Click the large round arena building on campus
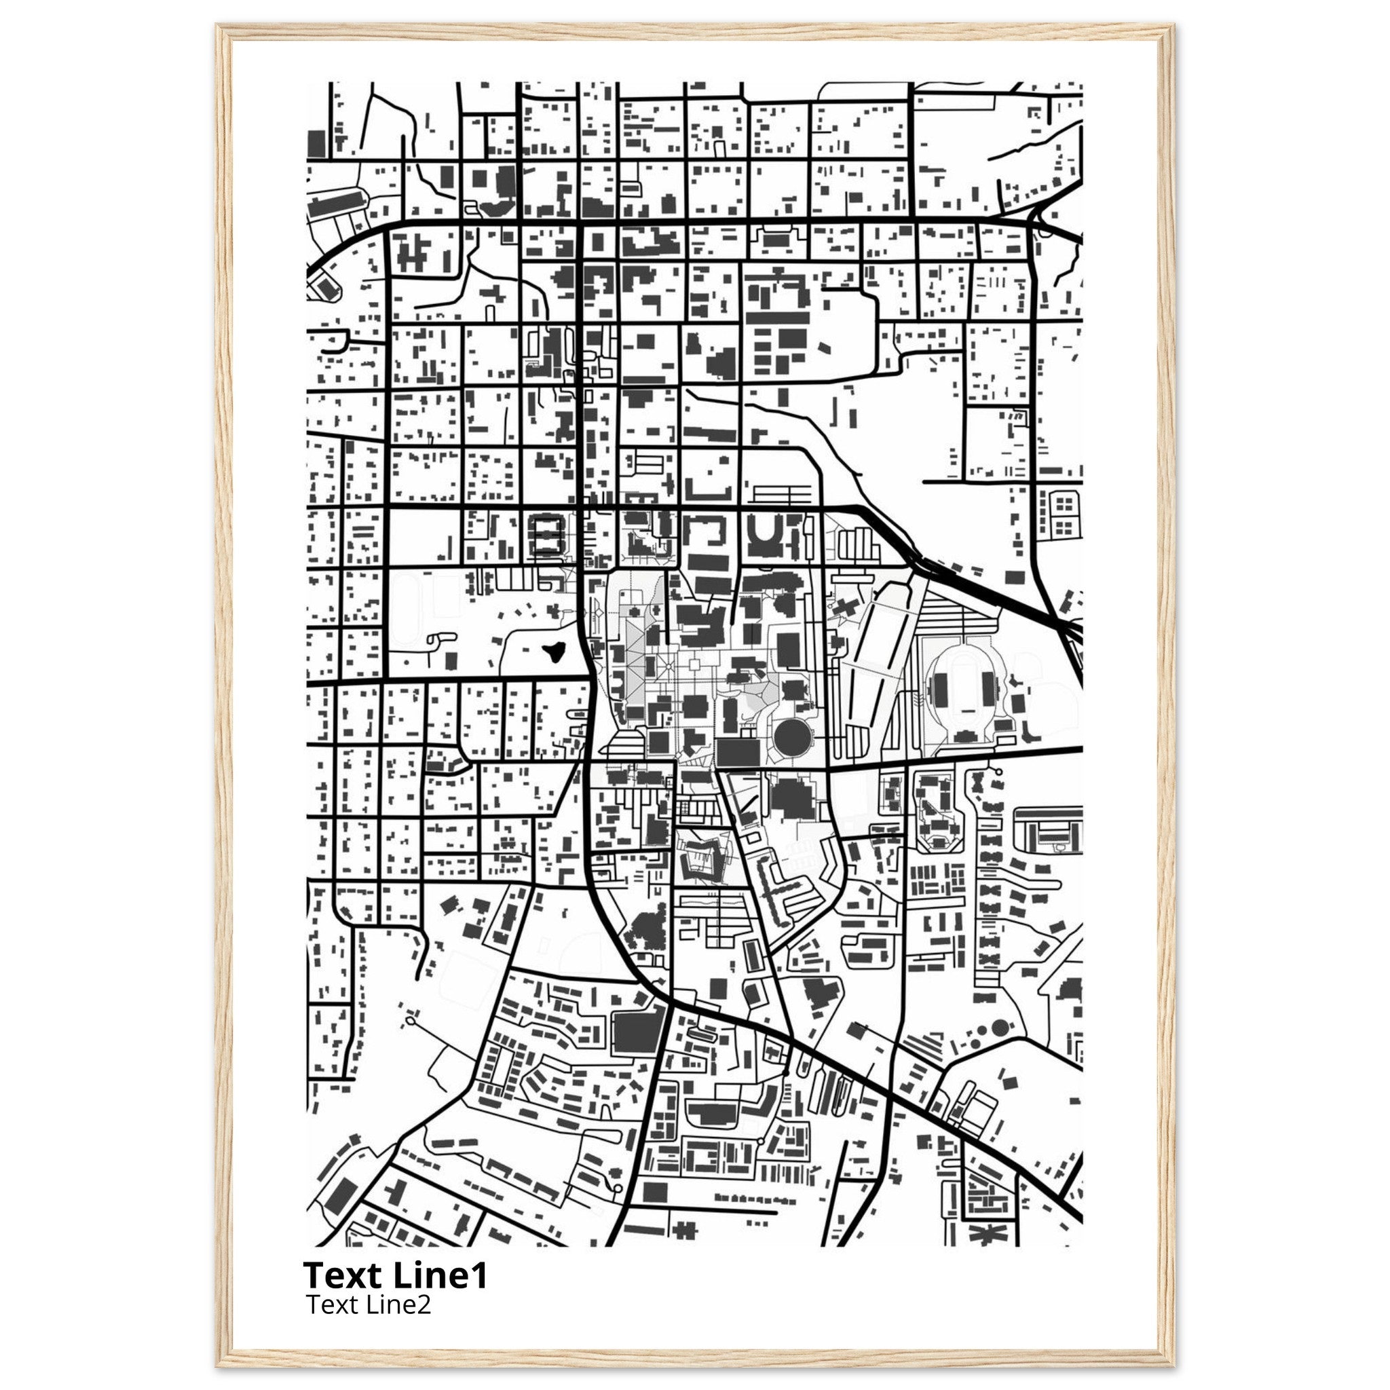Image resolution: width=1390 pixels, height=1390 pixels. point(792,734)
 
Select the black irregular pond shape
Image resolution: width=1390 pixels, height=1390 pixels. point(553,652)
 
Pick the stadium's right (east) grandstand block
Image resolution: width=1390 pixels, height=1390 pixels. point(985,691)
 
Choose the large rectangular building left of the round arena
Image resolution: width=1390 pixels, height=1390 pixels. point(738,752)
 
